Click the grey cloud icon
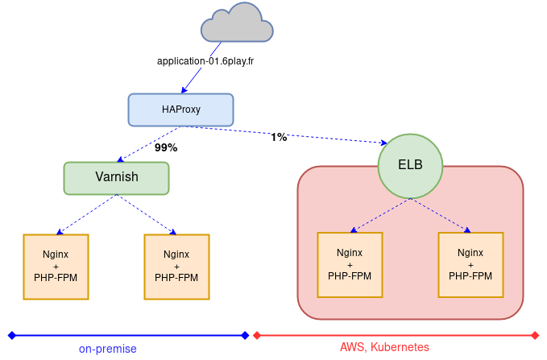click(237, 24)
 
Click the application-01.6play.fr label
click(205, 60)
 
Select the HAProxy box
click(180, 110)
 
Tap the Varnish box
click(117, 177)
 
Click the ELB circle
click(410, 165)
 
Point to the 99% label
click(166, 148)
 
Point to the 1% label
click(279, 138)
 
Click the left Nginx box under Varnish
click(56, 267)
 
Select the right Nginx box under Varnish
click(176, 267)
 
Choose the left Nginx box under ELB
click(350, 264)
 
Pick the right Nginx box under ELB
click(470, 264)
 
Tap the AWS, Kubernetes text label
click(384, 347)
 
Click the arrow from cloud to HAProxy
click(197, 80)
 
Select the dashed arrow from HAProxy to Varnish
click(150, 143)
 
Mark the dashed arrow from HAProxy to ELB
click(322, 134)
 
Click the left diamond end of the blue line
click(11, 335)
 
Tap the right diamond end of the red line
click(535, 335)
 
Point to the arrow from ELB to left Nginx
click(379, 214)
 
